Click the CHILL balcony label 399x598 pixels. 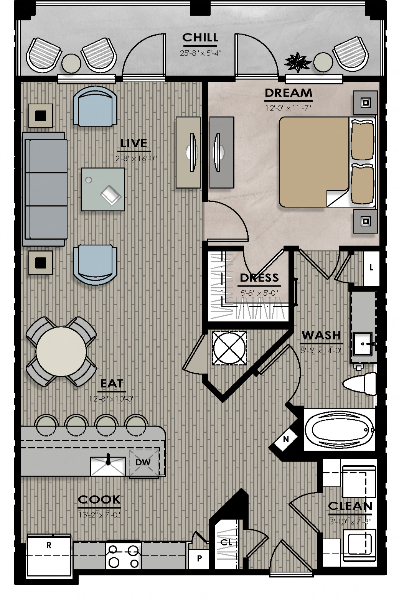coord(200,38)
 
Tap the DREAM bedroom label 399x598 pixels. coord(288,93)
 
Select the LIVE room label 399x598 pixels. coord(134,143)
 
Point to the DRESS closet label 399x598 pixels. coord(259,278)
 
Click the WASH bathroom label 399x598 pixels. coord(321,335)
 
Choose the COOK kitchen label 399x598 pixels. coord(99,499)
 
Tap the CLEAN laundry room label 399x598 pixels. coord(350,506)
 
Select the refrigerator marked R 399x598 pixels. coord(49,555)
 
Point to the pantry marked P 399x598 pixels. coord(199,558)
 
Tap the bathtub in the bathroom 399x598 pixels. coord(339,430)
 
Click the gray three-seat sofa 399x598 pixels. coord(45,189)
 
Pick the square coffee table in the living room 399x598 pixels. coord(103,189)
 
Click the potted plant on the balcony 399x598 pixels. coord(298,63)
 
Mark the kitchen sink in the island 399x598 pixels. coord(108,466)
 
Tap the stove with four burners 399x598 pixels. coord(123,556)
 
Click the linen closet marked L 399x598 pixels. coord(371,268)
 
